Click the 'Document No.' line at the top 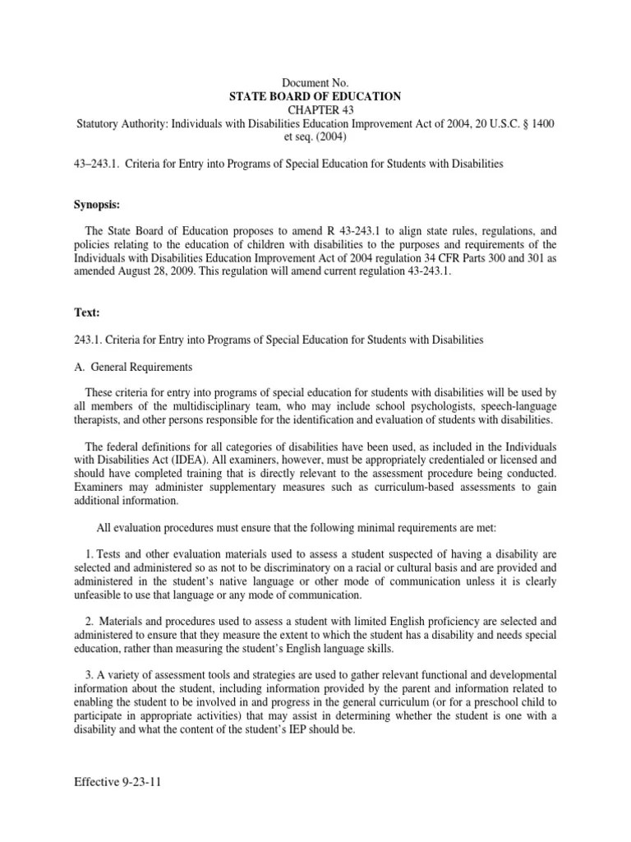coord(315,84)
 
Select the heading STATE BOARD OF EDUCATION coord(315,97)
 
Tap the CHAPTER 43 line coord(315,110)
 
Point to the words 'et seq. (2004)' coord(315,136)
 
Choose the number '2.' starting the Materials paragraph coord(90,622)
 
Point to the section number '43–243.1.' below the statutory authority coord(96,164)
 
